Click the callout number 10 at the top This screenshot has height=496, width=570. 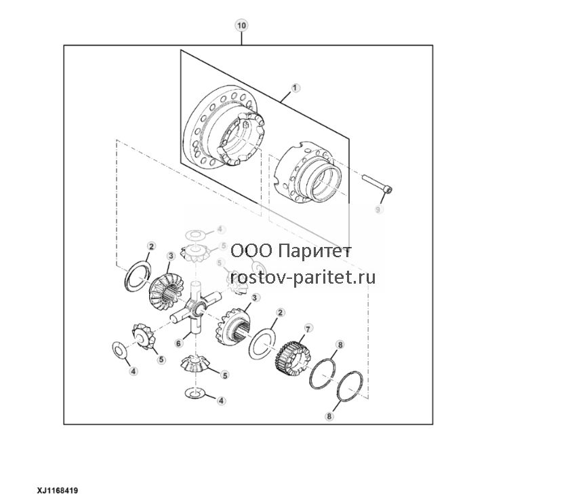coord(241,26)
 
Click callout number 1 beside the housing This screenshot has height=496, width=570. coord(295,88)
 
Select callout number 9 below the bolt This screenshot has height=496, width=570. coord(378,210)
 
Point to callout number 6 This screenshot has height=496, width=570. coord(178,343)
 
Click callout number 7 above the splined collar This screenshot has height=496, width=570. coord(308,329)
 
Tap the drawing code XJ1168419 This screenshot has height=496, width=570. coord(57,491)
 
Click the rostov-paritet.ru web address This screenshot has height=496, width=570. coord(303,278)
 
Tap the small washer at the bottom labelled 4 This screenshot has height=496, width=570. coord(195,393)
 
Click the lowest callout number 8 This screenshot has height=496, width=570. coord(329,416)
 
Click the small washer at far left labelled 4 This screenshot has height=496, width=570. coord(119,350)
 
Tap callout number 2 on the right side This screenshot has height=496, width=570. coord(280,313)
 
